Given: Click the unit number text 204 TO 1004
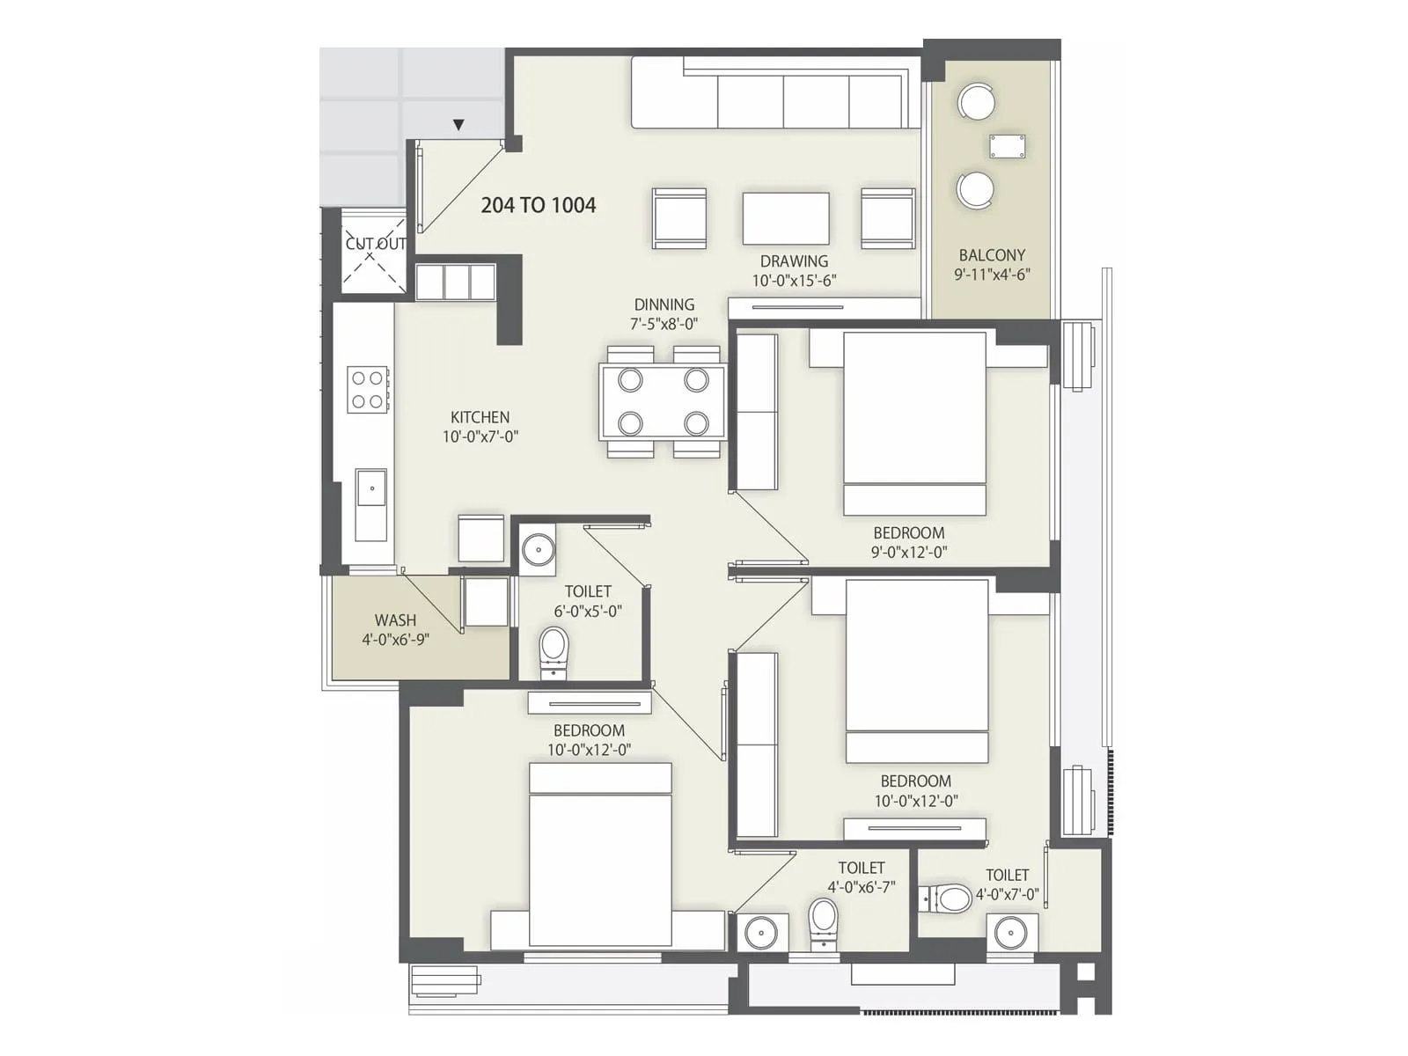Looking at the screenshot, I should click(538, 205).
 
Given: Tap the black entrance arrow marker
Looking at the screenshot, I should click(458, 126).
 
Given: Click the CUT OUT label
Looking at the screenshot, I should click(376, 244).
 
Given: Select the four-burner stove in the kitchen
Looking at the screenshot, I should click(368, 390).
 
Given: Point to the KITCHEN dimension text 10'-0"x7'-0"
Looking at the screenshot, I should click(480, 436).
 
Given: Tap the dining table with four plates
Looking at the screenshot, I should click(663, 402).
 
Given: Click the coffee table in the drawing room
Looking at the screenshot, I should click(785, 218).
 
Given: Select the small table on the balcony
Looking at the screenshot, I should click(1007, 146).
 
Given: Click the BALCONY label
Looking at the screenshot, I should click(992, 255).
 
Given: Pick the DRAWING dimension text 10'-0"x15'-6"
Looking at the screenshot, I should click(794, 281).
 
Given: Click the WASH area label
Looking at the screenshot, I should click(395, 620).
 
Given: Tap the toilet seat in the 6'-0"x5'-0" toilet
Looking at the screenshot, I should click(554, 649).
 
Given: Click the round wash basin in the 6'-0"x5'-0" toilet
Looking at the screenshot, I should click(537, 550).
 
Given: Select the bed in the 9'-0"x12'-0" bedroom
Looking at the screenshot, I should click(914, 422).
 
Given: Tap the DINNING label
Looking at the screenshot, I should click(664, 304).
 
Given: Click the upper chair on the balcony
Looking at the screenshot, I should click(976, 101).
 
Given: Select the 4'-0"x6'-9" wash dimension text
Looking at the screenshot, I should click(395, 640).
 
